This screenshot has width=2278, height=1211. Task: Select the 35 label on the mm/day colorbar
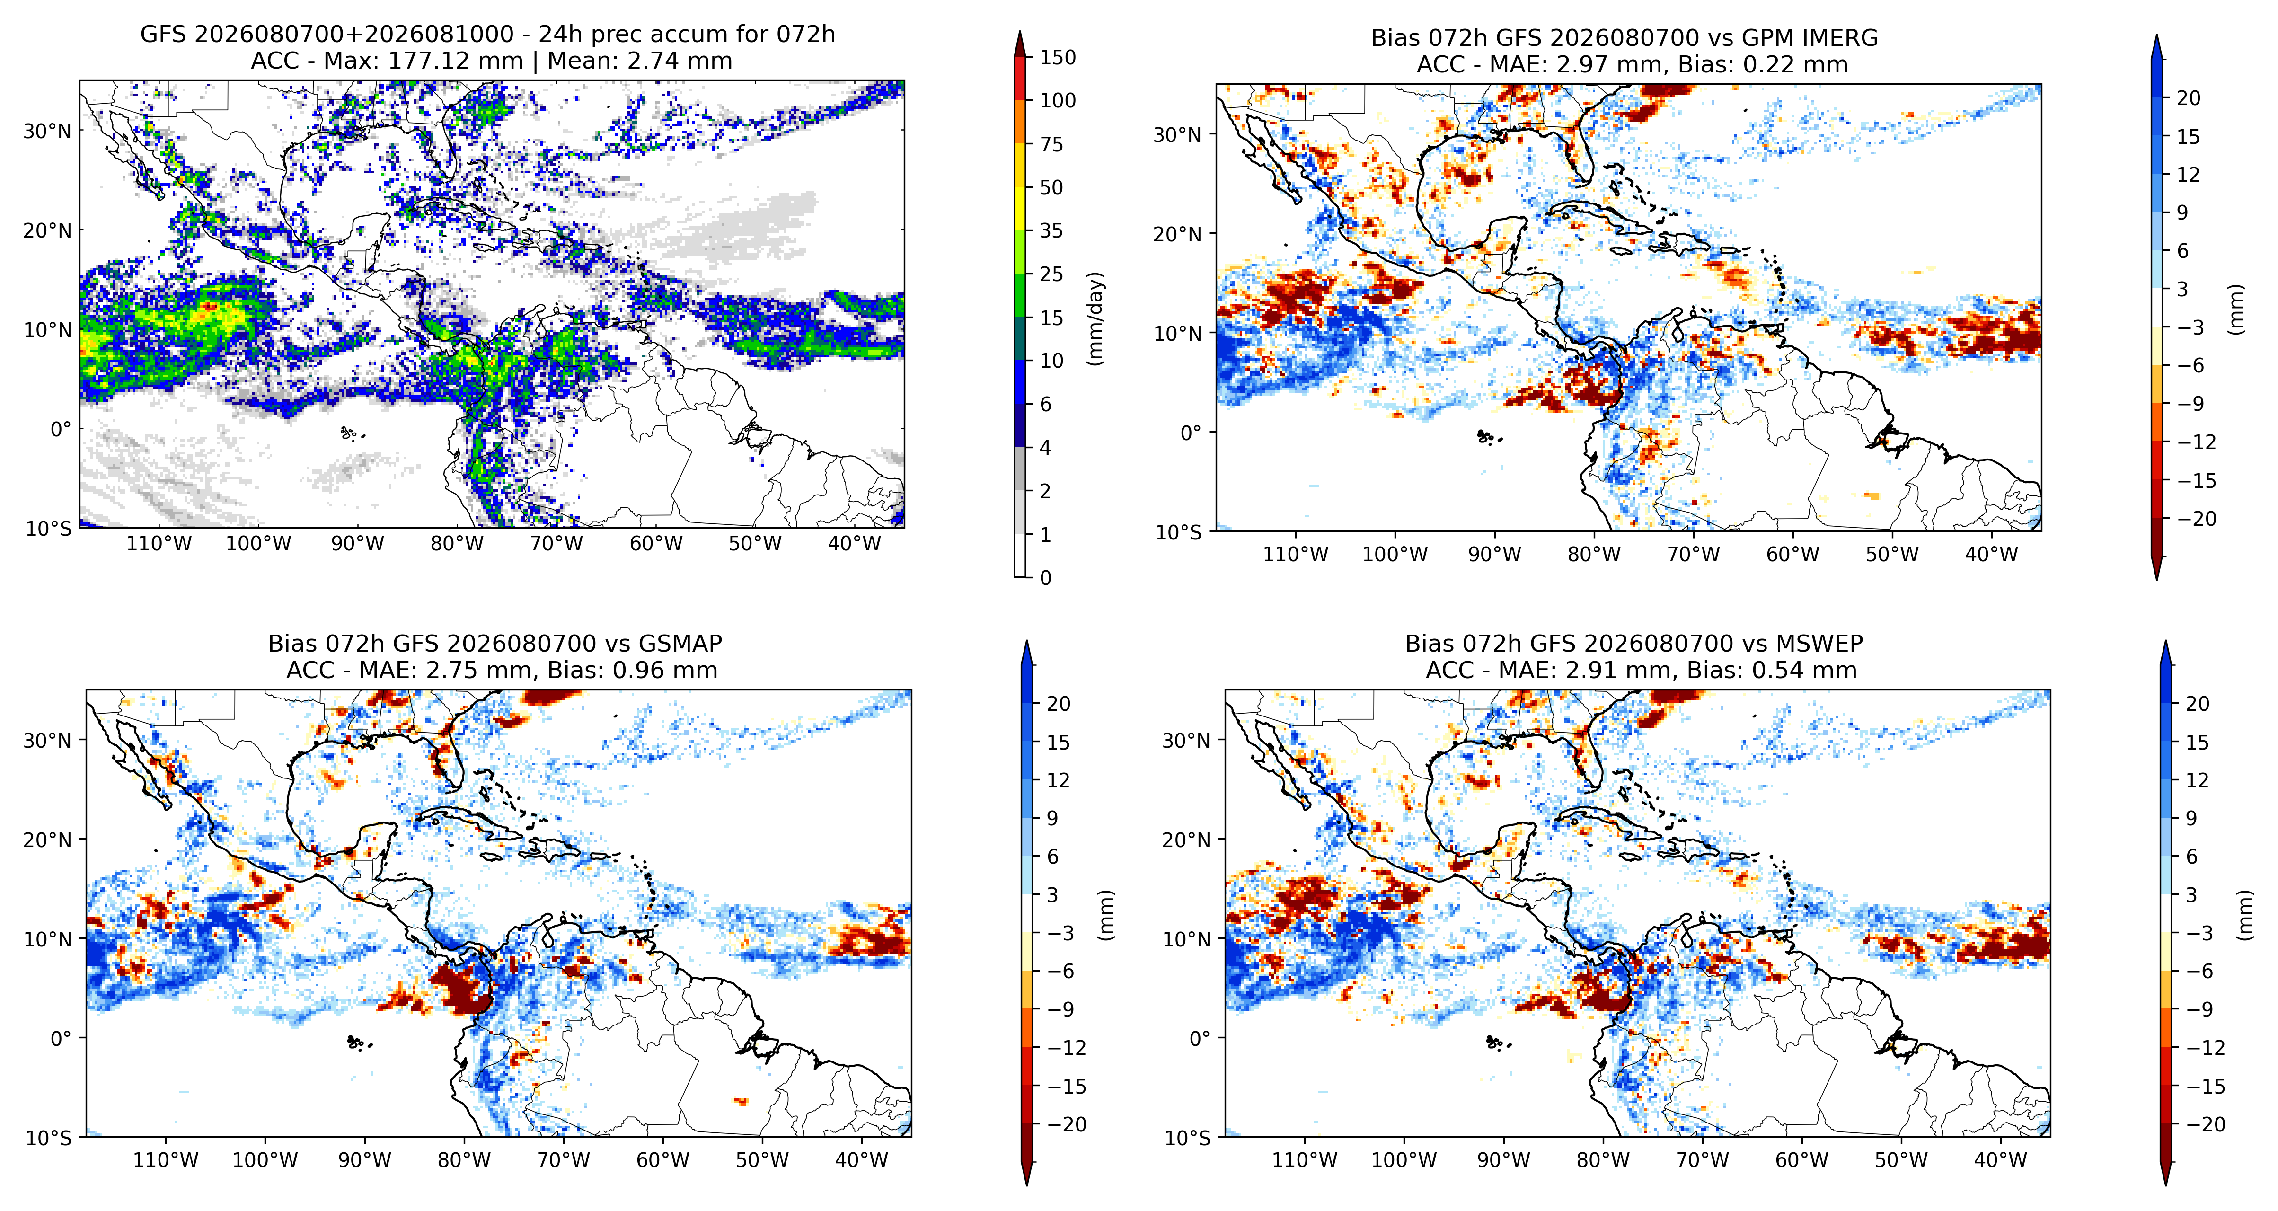tap(1051, 231)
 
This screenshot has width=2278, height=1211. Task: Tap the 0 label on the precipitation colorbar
tap(1045, 578)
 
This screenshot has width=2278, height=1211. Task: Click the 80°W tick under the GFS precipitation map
tap(457, 543)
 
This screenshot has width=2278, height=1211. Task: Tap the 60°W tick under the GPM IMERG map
tap(1792, 555)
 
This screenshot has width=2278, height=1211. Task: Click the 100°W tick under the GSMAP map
tap(265, 1160)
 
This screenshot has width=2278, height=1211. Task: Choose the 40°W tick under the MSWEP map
tap(2000, 1160)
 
